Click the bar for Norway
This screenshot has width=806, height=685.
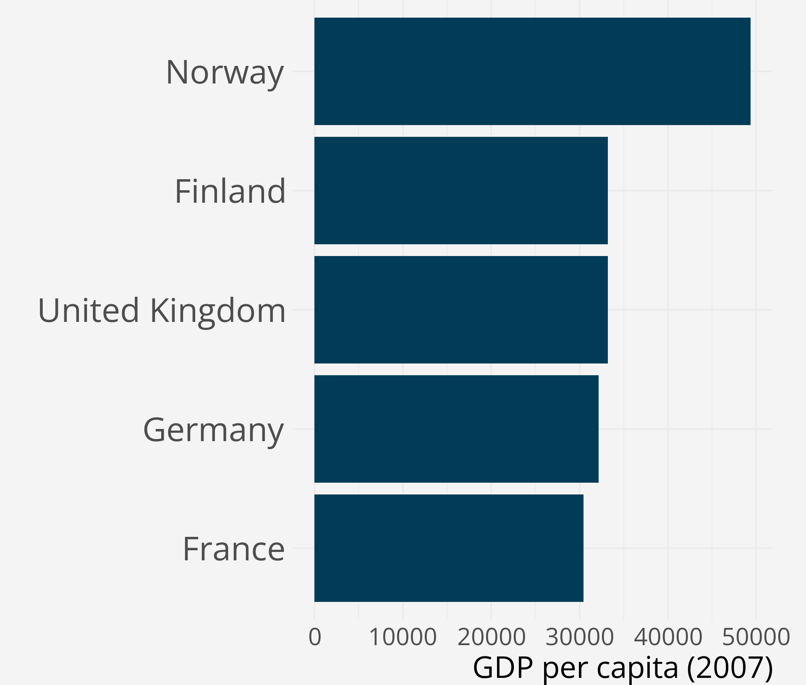point(532,71)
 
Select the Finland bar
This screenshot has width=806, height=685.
point(461,191)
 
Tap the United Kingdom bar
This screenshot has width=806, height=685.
point(461,310)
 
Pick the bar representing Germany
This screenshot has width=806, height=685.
point(456,429)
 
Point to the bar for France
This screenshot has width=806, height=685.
point(449,548)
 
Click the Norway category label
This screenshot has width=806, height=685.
point(225,72)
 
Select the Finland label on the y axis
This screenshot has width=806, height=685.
point(230,191)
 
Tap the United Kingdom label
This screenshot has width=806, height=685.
point(162,311)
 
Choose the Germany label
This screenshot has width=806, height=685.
point(214,430)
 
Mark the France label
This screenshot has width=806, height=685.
point(234,549)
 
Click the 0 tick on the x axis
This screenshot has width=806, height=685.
point(315,637)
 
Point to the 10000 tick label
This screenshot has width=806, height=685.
point(403,637)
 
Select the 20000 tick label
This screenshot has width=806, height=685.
point(491,637)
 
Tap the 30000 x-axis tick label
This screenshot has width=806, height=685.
point(579,637)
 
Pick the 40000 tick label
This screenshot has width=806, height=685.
point(668,637)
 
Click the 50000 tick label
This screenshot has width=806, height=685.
point(756,637)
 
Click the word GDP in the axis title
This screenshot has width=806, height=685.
point(503,667)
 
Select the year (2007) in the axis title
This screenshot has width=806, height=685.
point(730,667)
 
